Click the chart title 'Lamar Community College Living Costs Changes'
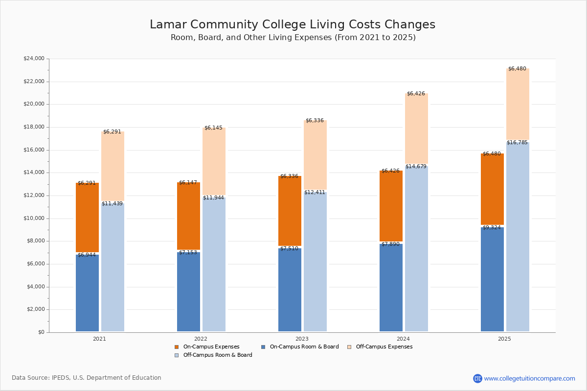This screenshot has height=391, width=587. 293,25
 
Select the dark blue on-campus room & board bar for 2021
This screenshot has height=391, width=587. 87,293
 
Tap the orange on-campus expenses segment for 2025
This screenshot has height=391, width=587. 492,189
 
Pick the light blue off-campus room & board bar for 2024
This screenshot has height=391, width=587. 416,249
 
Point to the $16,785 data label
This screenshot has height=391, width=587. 517,143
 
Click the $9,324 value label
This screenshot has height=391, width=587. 492,228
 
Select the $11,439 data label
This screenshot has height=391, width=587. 112,204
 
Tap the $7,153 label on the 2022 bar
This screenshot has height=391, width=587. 188,253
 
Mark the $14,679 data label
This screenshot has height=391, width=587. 416,167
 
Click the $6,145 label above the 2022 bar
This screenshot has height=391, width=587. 213,128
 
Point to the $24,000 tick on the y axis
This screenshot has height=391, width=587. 34,59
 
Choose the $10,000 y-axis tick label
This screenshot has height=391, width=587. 34,218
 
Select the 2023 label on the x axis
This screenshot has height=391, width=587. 302,339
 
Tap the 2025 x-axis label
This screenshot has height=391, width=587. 504,339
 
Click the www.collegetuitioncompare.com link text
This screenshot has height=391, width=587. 529,378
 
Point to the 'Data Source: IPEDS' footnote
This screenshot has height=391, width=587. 87,378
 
